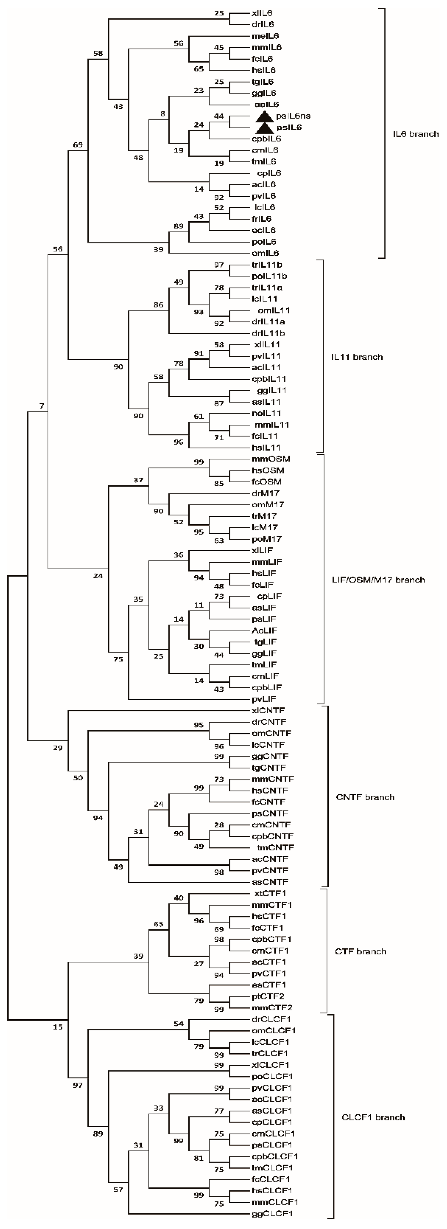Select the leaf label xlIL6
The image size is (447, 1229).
pos(262,13)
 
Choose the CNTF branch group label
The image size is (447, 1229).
pos(365,797)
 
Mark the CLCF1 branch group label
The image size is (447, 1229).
pos(373,1117)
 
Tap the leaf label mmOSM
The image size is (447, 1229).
pos(271,459)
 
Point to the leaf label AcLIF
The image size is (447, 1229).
pos(264,631)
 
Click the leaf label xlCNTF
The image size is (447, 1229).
pos(268,710)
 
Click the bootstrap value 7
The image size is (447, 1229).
pos(42,406)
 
